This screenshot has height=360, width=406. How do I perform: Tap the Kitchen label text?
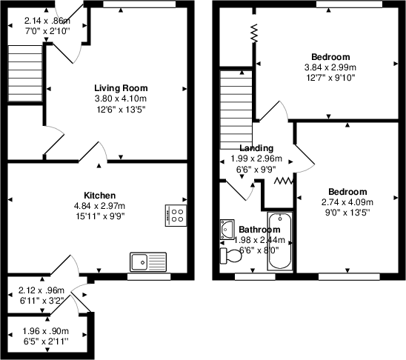point(100,192)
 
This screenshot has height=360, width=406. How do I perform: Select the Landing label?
point(256,148)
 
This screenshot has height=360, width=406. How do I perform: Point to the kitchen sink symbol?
point(150,261)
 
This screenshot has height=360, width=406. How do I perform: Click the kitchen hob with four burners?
point(176,216)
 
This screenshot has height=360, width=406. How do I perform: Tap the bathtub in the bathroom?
point(279,241)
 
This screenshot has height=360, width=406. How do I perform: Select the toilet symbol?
point(230,255)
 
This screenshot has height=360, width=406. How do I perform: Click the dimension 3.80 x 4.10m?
point(122,99)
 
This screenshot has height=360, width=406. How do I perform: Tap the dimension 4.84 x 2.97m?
point(100,205)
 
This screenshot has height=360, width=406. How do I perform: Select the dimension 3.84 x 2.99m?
point(330,67)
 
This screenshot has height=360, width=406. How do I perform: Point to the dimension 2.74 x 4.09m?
point(347,201)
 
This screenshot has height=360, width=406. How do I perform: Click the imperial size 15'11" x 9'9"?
point(100,216)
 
